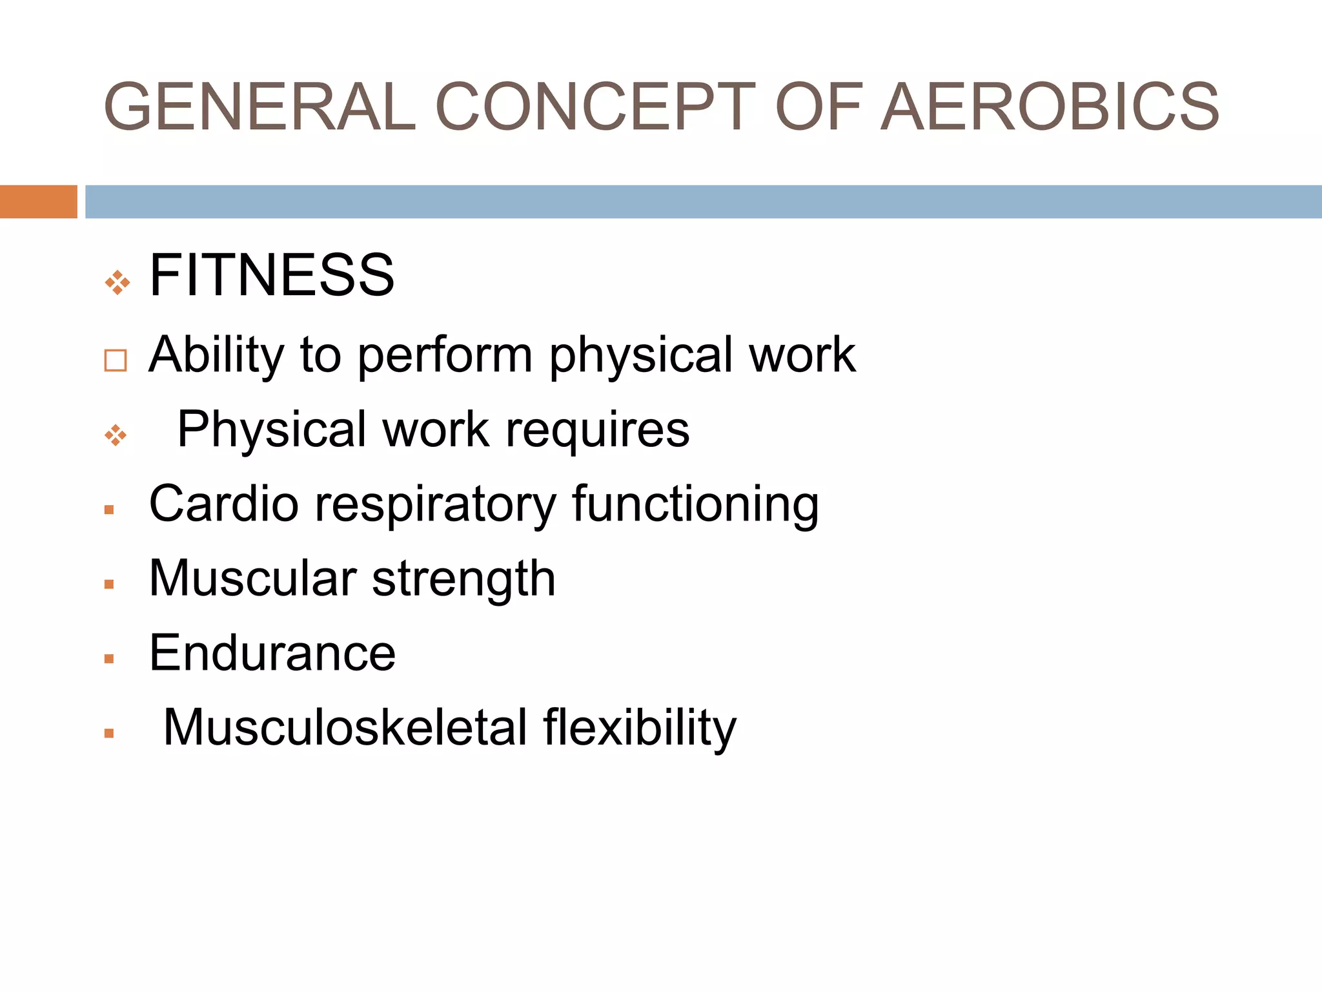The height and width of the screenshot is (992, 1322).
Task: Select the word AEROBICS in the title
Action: [x=1050, y=107]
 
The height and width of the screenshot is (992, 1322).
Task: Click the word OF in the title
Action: [x=819, y=107]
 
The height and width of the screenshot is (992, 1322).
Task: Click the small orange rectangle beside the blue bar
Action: [x=38, y=201]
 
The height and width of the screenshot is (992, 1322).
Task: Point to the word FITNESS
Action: [x=272, y=276]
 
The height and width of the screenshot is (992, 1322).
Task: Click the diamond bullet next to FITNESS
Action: [x=117, y=282]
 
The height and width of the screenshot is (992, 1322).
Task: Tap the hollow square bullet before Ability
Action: [x=116, y=360]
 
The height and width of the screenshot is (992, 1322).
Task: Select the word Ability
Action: [x=216, y=355]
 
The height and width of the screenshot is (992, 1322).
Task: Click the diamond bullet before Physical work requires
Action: [x=116, y=435]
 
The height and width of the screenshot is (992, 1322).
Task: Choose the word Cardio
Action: [x=223, y=504]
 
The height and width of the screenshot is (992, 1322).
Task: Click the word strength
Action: [x=463, y=579]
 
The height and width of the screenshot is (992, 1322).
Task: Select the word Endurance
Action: [x=272, y=653]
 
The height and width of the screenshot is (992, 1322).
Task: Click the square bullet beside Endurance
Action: [x=109, y=659]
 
